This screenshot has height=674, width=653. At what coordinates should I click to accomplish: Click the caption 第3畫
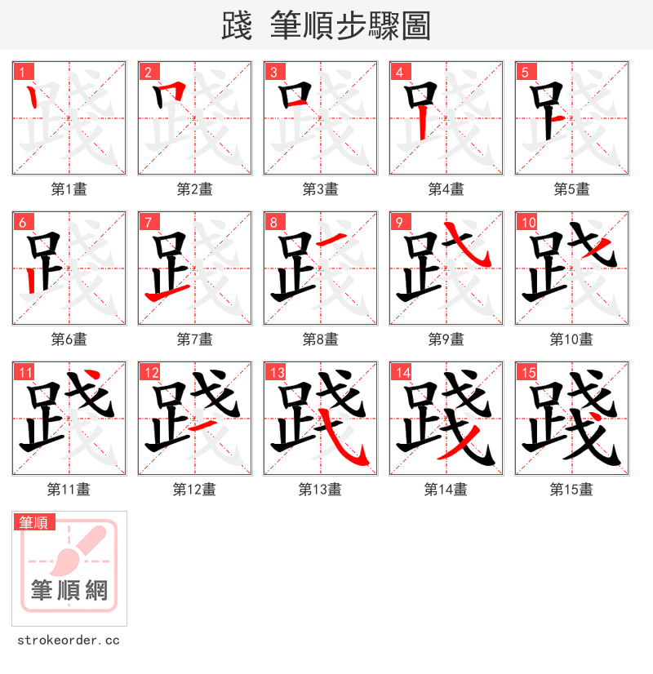click(x=320, y=189)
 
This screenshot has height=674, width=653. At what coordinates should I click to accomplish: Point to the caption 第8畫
click(x=320, y=339)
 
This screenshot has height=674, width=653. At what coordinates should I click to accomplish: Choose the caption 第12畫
click(x=194, y=490)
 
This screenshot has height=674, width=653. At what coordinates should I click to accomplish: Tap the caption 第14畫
click(x=446, y=490)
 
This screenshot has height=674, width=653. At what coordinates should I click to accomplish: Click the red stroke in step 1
click(x=32, y=99)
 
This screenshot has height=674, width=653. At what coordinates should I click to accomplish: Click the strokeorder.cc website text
click(x=68, y=641)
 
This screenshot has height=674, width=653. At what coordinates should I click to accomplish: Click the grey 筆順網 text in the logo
click(x=69, y=590)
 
